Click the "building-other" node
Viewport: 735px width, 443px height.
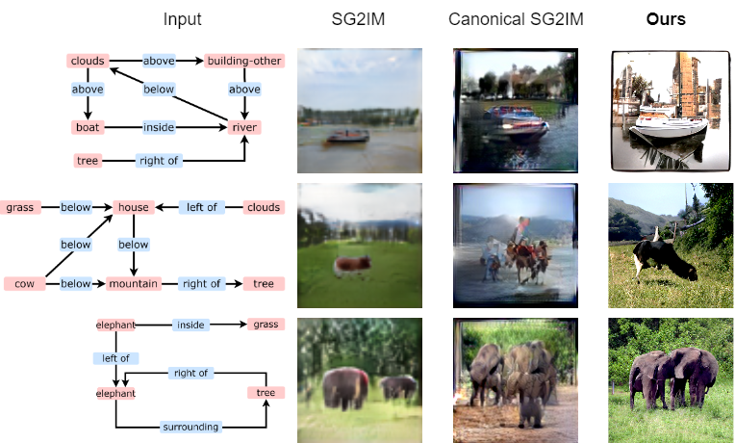tap(244, 62)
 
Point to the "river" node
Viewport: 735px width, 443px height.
tap(244, 127)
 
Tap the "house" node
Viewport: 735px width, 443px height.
tap(133, 207)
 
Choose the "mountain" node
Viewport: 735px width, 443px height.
tap(133, 284)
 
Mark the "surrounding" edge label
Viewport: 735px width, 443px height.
tap(191, 427)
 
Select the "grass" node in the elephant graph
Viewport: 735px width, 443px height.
tap(266, 325)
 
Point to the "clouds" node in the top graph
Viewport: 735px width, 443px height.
tap(88, 62)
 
